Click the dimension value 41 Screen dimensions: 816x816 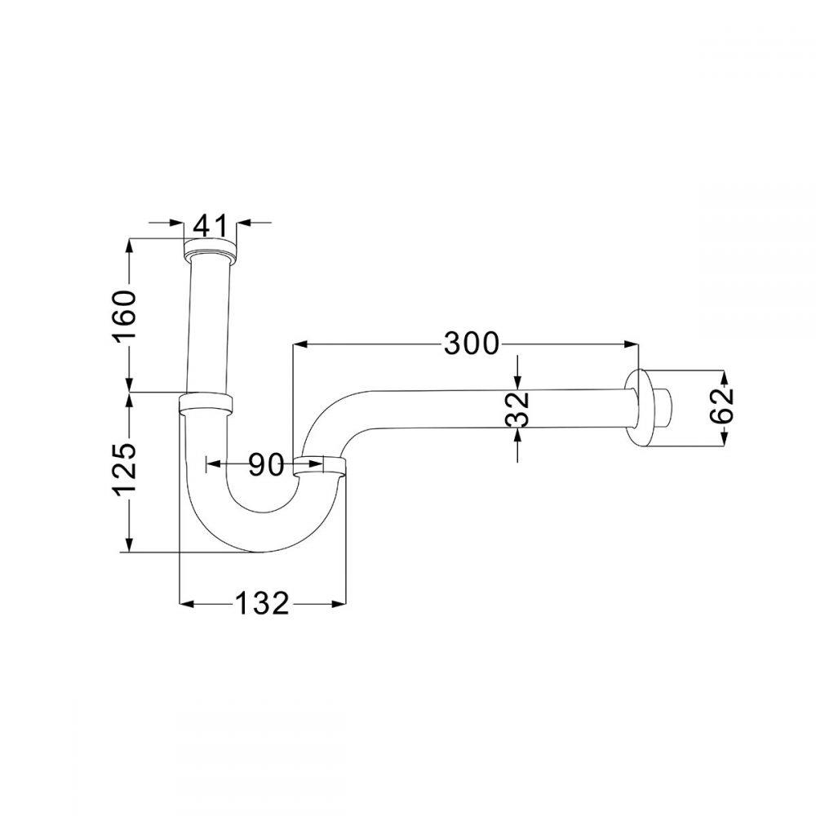pyautogui.click(x=208, y=224)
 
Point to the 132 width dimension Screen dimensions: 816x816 pyautogui.click(x=262, y=604)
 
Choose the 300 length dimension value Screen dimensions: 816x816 pyautogui.click(x=471, y=344)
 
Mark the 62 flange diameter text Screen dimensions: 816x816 pyautogui.click(x=721, y=406)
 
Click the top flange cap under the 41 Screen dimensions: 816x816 pyautogui.click(x=210, y=248)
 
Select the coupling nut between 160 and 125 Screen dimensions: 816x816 pyautogui.click(x=206, y=401)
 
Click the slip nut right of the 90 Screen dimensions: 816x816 pyautogui.click(x=320, y=465)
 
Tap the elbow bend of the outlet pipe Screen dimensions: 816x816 pyautogui.click(x=322, y=416)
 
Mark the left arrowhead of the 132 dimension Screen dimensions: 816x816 pyautogui.click(x=186, y=604)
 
